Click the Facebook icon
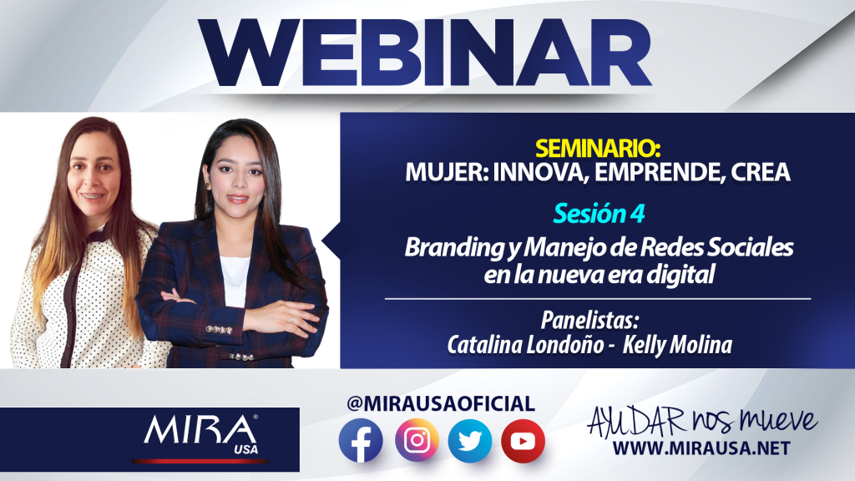click(x=361, y=441)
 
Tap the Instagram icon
click(x=417, y=440)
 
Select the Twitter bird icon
click(x=469, y=441)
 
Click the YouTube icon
click(x=523, y=441)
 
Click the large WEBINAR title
click(x=424, y=53)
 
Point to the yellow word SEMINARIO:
click(x=598, y=148)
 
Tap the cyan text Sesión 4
click(x=599, y=213)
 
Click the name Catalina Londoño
click(x=526, y=345)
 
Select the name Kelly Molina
click(x=677, y=345)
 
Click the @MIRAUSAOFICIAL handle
click(x=441, y=403)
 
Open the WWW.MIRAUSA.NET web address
click(x=701, y=448)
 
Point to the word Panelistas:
click(x=589, y=320)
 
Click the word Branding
click(x=454, y=247)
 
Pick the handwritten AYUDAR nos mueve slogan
click(x=701, y=422)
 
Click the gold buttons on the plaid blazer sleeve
click(x=220, y=330)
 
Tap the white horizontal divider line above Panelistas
click(x=598, y=299)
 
